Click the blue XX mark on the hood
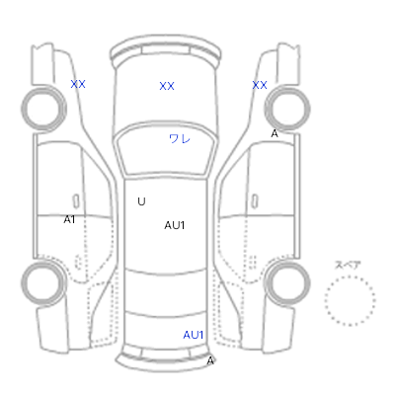point(167,86)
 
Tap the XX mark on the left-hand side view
point(78,84)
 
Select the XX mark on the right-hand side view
point(260,85)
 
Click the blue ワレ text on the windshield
point(180,138)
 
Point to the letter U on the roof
point(141,201)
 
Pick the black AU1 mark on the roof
point(175,225)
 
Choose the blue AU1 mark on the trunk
point(194,335)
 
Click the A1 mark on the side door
point(69,219)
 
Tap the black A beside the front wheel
point(275,133)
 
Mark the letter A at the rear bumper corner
point(210,361)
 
